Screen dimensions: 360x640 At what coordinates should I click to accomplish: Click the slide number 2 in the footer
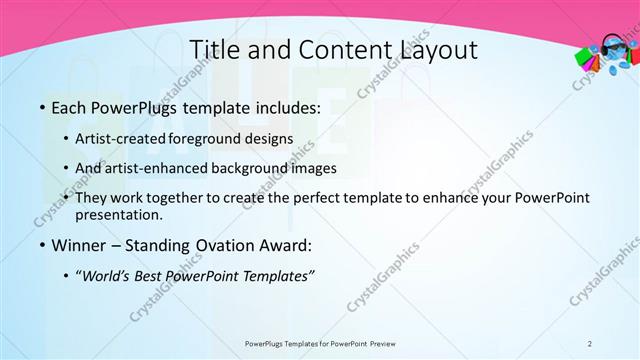pos(590,343)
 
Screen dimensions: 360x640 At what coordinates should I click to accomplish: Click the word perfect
pos(311,197)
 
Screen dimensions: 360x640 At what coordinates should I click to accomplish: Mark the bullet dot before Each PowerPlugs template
pos(41,106)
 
